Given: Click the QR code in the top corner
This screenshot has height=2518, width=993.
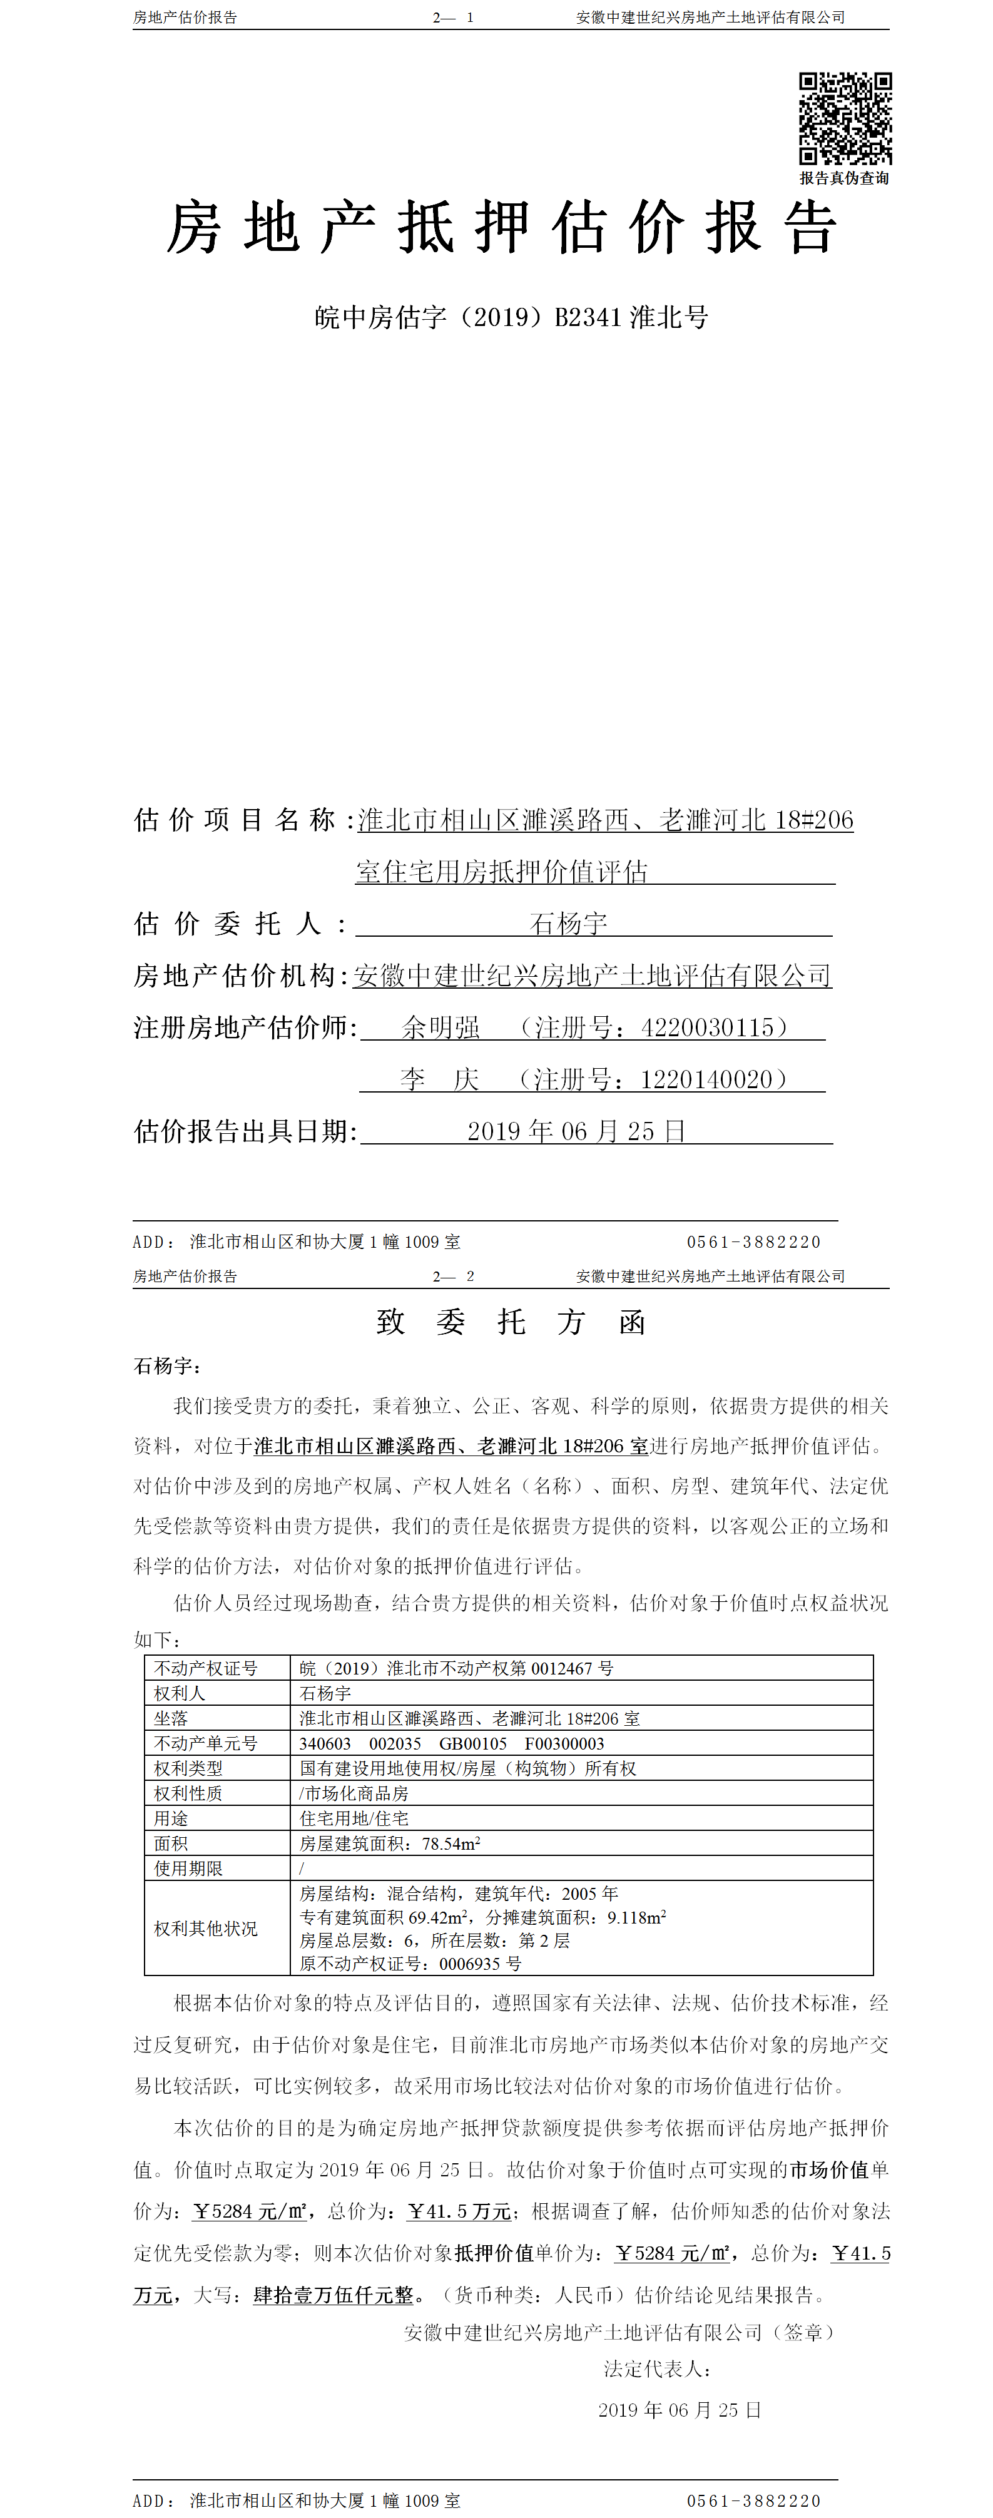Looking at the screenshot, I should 845,118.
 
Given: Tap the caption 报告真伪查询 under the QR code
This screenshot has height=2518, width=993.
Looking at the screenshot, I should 845,178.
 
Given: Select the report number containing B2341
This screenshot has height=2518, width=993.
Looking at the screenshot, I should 511,318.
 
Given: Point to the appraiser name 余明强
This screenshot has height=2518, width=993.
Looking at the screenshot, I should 440,1027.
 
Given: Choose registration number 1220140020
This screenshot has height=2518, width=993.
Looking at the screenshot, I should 706,1079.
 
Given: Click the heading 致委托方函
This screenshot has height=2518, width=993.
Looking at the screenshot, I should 510,1323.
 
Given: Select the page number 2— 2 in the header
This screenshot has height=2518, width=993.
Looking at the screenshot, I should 454,1276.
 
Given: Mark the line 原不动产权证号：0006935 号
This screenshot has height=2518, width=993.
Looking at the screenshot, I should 410,1963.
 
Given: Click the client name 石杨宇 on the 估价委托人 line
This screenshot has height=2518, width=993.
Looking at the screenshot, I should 568,923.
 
